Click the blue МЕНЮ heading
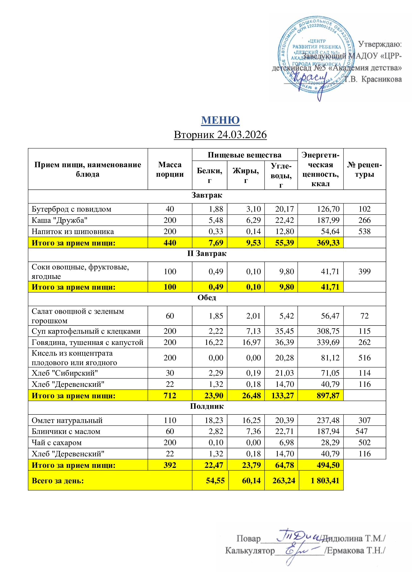coord(220,120)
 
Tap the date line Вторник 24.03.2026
coord(220,135)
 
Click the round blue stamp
coord(316,55)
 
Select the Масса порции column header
coord(170,169)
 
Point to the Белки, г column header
coord(209,175)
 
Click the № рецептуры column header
coord(364,169)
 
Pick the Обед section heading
coord(207,297)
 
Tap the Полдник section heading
coord(207,406)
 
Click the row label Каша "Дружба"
coord(59,220)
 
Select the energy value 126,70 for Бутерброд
coord(328,209)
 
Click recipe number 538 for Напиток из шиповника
coord(364,231)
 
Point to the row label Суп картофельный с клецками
coord(86,331)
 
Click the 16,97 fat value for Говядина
coord(251,342)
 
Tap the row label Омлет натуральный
coord(67,420)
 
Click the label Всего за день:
coord(58,481)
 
